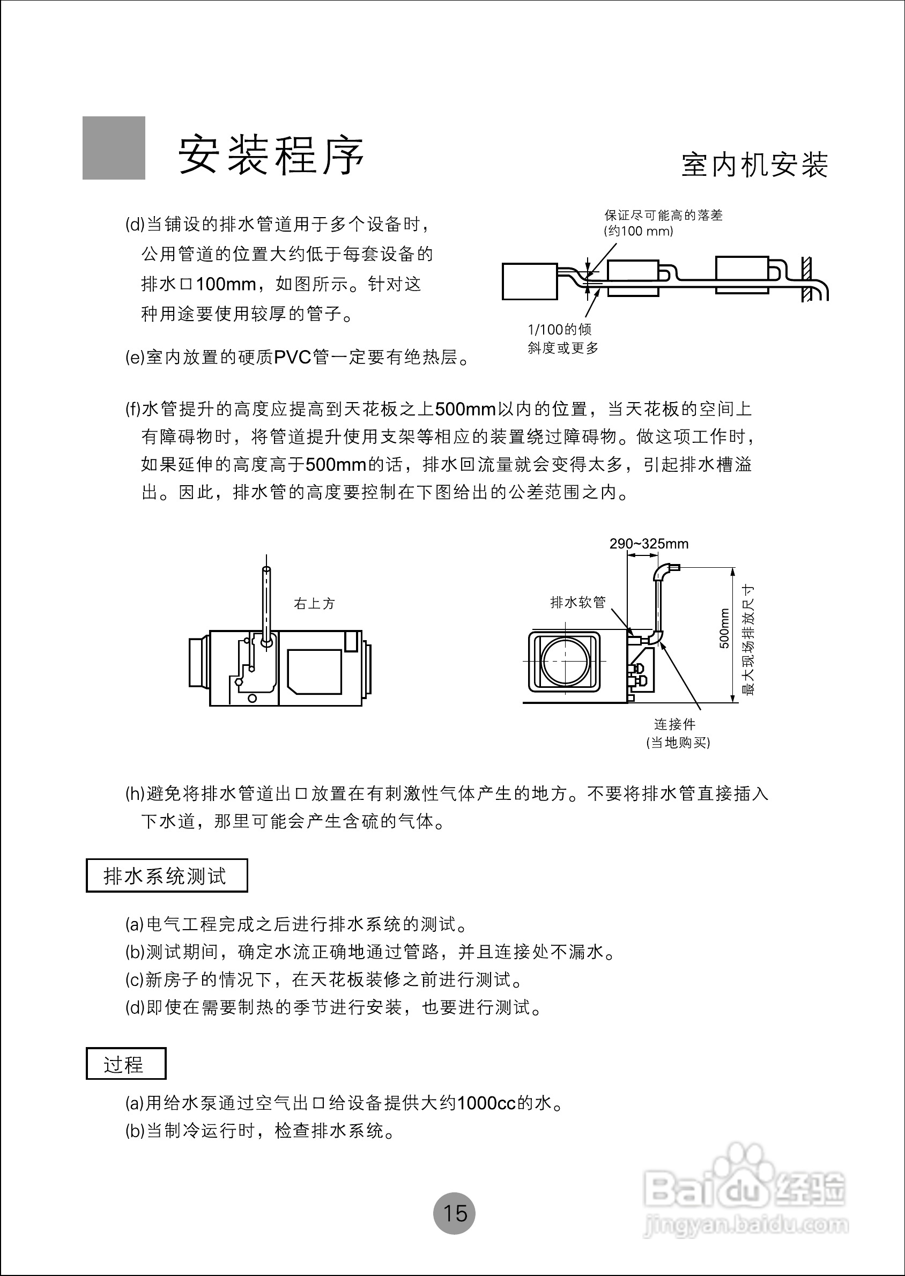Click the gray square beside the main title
(114, 147)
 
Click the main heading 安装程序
(271, 154)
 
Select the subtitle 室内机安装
(754, 166)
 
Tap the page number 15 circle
(454, 1213)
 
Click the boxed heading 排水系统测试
(166, 876)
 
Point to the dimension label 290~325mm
(649, 544)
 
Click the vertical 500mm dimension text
(724, 628)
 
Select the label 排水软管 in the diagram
(577, 602)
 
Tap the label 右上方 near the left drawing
(314, 604)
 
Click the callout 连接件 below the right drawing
(674, 724)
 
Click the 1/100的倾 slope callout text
(560, 330)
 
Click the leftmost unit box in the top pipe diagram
(529, 281)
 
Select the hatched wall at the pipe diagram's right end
(806, 279)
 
